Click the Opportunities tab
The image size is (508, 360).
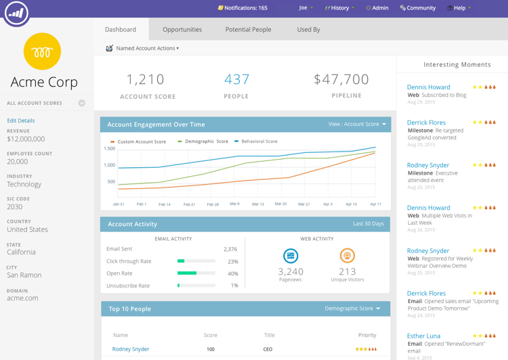(182, 30)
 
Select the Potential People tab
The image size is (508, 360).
(248, 30)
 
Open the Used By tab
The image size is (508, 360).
(308, 30)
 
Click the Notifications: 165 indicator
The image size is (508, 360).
(242, 8)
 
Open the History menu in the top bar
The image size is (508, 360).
(339, 8)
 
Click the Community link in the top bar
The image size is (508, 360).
(418, 8)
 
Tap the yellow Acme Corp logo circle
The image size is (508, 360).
(42, 51)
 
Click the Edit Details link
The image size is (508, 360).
(21, 120)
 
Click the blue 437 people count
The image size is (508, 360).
(236, 79)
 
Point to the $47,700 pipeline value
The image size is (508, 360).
(341, 79)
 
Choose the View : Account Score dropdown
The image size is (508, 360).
(358, 125)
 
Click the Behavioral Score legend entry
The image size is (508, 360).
(259, 141)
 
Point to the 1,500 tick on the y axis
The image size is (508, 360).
(109, 148)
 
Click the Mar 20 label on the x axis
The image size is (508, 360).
(280, 204)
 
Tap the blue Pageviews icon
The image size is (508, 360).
(291, 256)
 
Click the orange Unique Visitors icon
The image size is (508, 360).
(347, 256)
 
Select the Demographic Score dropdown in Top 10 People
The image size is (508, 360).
(353, 309)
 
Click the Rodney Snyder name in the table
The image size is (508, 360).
(131, 349)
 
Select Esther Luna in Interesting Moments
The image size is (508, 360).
(423, 336)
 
